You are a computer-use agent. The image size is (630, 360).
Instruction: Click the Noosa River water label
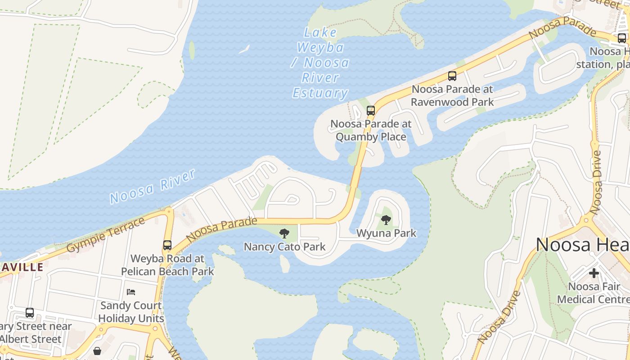152,186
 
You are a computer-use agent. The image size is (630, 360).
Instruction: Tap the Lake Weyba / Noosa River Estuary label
320,63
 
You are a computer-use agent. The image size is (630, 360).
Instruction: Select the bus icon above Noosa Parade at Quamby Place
370,110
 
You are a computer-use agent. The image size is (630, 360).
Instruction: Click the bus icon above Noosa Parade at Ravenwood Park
452,76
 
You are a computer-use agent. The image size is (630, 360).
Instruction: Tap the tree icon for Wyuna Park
386,220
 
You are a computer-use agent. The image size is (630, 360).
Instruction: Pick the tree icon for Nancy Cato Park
284,233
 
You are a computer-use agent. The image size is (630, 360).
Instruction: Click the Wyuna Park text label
386,233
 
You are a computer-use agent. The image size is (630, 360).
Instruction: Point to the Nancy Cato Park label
284,247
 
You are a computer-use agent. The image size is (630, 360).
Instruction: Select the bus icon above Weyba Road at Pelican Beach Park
167,245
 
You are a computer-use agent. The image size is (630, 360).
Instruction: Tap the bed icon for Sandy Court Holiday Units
130,292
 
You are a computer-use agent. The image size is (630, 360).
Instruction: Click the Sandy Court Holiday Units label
131,312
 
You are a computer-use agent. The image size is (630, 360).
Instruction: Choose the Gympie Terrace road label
106,234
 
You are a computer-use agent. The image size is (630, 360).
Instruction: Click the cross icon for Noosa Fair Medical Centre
594,273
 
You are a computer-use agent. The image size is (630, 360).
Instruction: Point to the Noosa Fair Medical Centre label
594,293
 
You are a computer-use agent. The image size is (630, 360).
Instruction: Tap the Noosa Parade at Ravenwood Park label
452,95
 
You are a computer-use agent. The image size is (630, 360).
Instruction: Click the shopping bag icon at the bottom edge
97,351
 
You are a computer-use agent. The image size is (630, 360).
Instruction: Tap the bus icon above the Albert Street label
30,312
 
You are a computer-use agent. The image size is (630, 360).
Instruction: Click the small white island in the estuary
244,49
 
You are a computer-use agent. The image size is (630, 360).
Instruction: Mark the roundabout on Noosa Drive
587,220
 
